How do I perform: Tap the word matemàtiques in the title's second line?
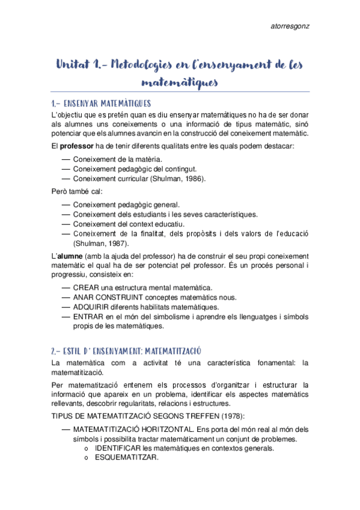[180, 81]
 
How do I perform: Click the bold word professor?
[79, 147]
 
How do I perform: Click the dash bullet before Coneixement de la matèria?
[66, 159]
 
